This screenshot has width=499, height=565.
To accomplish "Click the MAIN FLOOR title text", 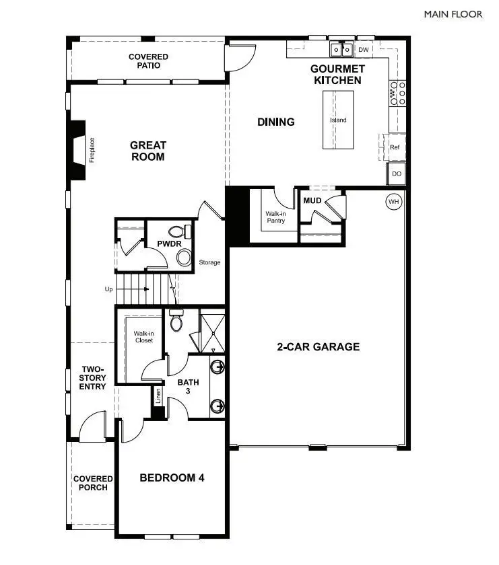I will (x=453, y=13).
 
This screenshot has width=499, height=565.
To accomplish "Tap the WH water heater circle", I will (x=393, y=200).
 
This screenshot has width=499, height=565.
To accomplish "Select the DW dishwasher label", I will (x=363, y=50).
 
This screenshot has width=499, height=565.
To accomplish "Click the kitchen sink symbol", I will (x=341, y=50).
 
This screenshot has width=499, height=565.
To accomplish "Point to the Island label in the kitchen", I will (x=338, y=120).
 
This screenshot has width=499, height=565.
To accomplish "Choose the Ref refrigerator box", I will (x=395, y=146).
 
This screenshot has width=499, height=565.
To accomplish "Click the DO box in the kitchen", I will (x=397, y=174).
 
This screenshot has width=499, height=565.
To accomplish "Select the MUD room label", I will (x=312, y=200).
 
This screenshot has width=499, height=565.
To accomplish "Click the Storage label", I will (x=209, y=262).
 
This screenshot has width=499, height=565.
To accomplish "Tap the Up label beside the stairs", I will (x=108, y=289).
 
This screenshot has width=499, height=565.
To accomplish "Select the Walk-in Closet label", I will (x=143, y=336).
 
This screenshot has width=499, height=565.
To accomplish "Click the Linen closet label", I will (x=158, y=396).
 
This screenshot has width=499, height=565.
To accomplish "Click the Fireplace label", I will (x=92, y=150).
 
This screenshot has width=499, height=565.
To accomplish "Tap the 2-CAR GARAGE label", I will (x=319, y=347).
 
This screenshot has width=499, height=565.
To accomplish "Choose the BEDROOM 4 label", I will (x=172, y=478).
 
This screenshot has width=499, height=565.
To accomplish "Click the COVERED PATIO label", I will (x=148, y=61).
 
